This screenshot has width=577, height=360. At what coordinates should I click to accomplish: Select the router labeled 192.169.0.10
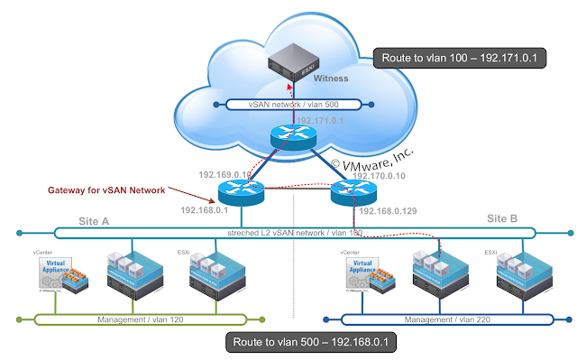240,190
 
